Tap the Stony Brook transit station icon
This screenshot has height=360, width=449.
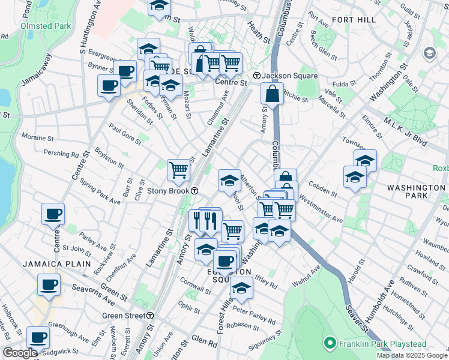click(196, 191)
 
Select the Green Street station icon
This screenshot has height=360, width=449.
click(151, 315)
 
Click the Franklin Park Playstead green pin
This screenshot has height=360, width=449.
click(329, 344)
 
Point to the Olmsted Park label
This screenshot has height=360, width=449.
click(46, 26)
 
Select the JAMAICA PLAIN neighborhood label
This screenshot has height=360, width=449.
click(57, 264)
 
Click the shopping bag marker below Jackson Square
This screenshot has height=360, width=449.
click(273, 94)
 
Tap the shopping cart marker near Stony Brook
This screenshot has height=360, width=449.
click(178, 170)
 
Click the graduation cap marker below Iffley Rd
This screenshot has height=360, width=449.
click(241, 289)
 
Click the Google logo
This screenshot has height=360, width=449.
click(20, 353)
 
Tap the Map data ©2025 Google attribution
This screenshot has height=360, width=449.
click(412, 355)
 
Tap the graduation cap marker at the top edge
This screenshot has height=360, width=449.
click(158, 6)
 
